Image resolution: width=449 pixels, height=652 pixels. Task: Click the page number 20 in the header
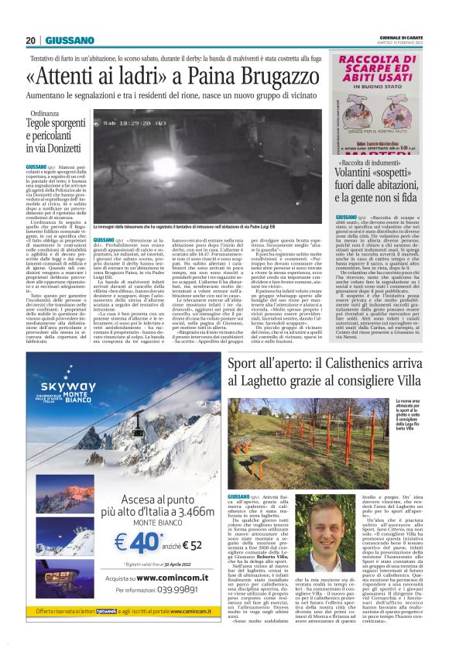(30, 40)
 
